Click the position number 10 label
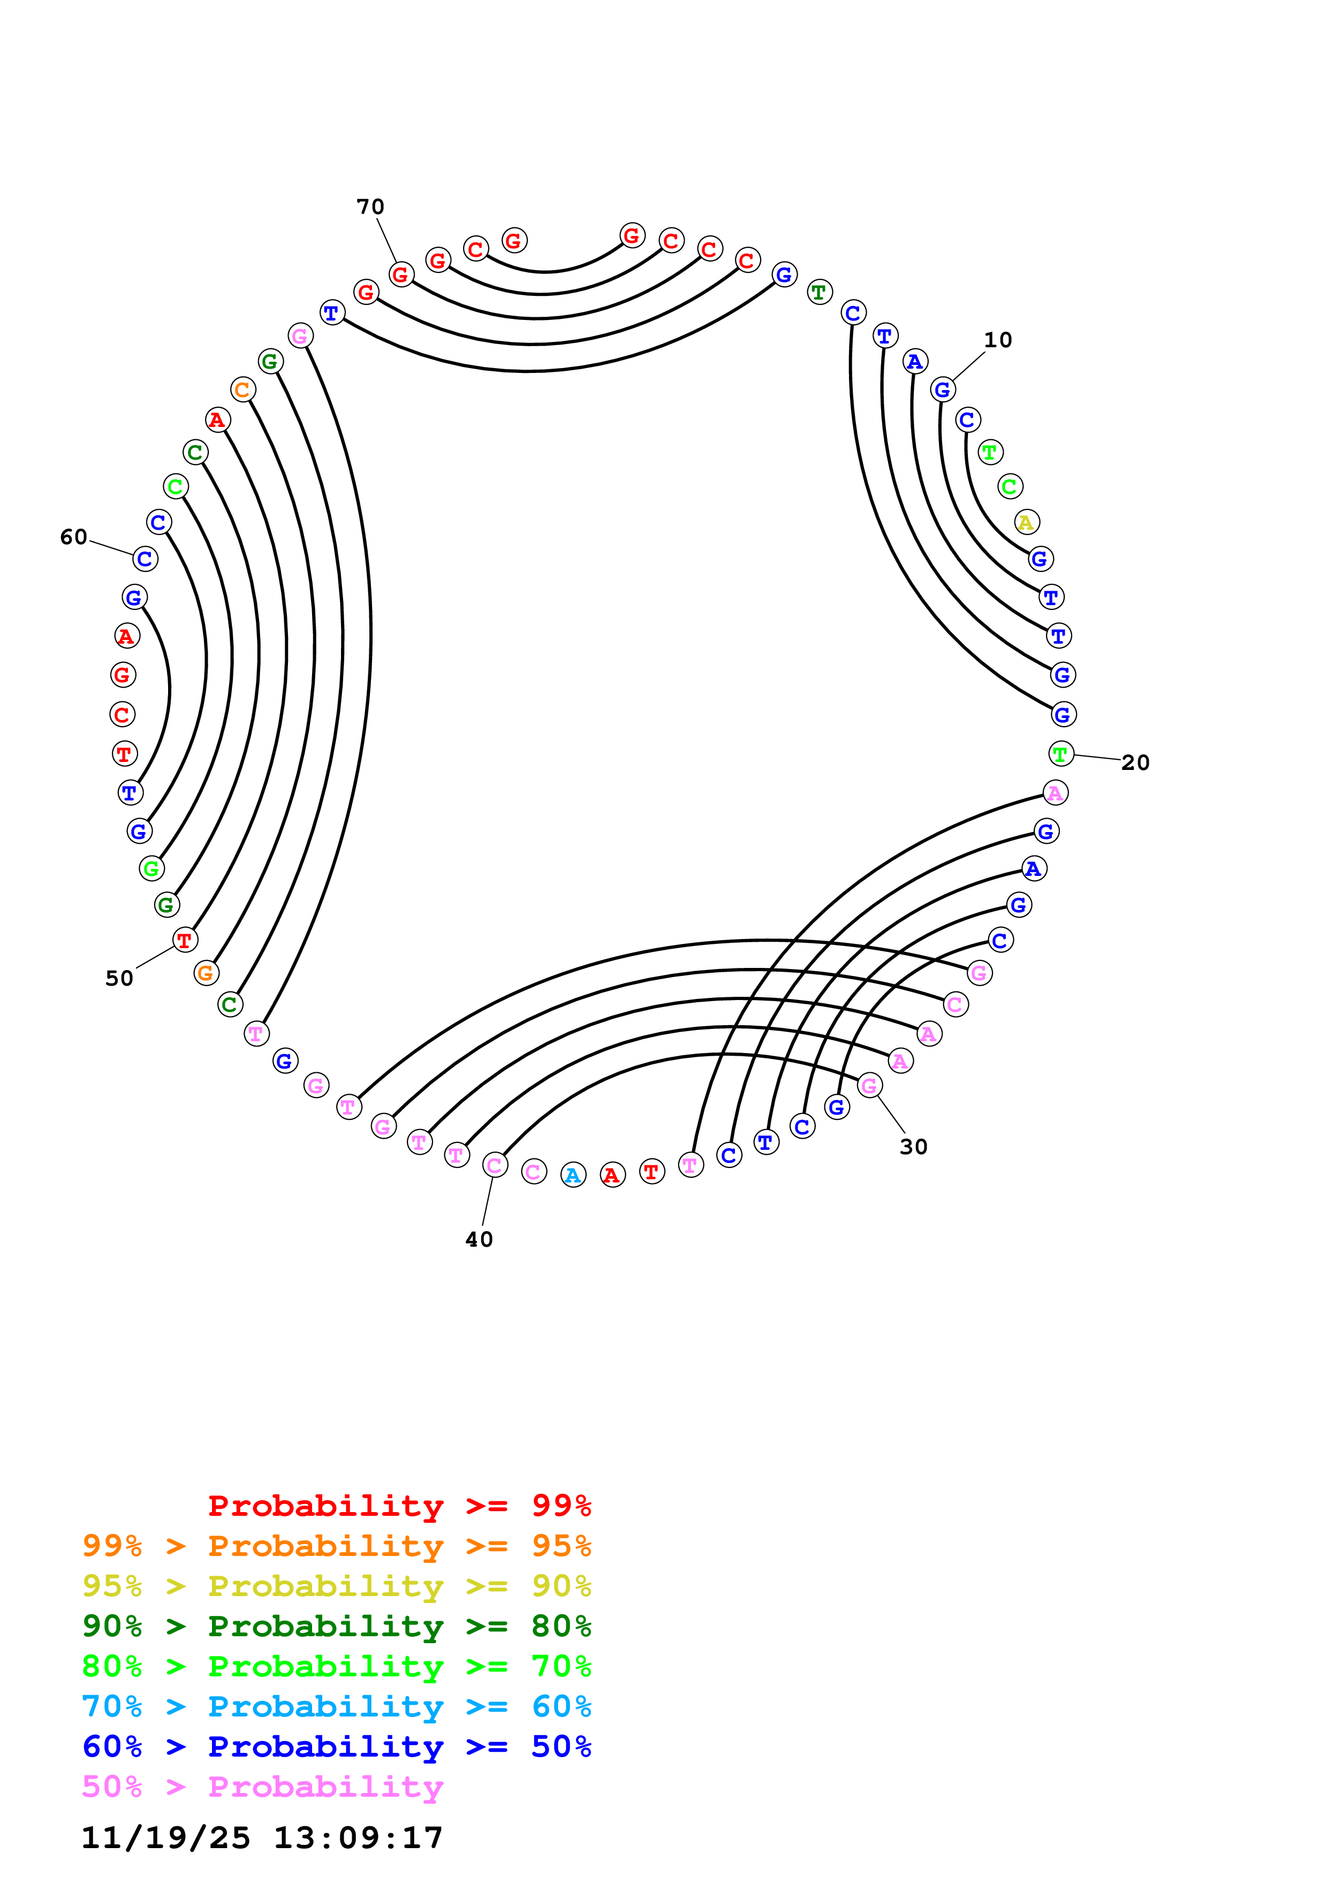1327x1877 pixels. click(x=997, y=340)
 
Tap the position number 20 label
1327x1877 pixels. click(x=1135, y=763)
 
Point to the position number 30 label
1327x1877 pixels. click(x=913, y=1147)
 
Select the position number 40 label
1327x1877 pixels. click(x=479, y=1239)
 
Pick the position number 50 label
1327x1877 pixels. click(x=119, y=979)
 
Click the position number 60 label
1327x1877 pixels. click(x=73, y=537)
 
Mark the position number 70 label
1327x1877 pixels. click(x=370, y=207)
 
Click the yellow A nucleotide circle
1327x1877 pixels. click(x=1026, y=522)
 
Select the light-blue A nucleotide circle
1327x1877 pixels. click(x=573, y=1175)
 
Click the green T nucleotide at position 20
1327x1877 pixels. click(x=1060, y=754)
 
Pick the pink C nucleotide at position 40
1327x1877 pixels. click(x=495, y=1165)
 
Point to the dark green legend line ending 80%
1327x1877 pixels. click(x=336, y=1626)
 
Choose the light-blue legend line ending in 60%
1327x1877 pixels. click(x=336, y=1706)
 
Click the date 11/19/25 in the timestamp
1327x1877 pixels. click(x=166, y=1838)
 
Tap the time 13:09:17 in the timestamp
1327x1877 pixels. click(x=358, y=1838)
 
